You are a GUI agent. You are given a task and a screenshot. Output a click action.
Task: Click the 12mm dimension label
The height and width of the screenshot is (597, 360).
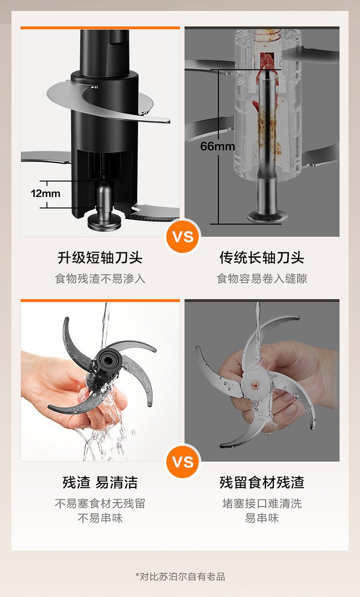45,193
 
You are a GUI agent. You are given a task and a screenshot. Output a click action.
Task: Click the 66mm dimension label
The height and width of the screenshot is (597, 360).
217,146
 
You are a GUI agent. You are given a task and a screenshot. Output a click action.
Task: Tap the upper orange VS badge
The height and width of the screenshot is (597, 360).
183,237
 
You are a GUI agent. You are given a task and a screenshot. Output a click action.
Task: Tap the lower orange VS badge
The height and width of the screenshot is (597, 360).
183,462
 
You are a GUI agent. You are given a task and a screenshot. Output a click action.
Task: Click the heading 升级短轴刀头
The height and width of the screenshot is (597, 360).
100,258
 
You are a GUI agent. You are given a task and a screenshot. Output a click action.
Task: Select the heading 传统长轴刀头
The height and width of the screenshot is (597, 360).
262,258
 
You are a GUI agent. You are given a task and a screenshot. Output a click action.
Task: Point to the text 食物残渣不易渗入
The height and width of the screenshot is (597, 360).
100,279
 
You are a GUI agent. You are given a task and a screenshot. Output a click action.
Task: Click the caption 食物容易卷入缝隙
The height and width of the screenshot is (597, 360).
262,279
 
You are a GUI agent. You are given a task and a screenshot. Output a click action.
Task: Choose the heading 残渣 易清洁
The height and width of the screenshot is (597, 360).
100,483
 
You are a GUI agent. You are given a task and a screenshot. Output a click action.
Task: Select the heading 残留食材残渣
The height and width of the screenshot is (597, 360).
262,483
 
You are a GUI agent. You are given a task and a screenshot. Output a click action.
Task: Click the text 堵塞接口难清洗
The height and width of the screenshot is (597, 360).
262,504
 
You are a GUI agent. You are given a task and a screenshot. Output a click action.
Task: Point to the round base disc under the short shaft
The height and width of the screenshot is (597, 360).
105,223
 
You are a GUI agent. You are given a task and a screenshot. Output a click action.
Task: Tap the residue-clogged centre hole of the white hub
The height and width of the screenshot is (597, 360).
255,384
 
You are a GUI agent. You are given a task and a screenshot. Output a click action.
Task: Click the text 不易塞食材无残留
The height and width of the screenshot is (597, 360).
100,504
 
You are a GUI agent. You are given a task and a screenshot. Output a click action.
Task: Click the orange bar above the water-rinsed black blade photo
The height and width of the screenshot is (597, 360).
100,301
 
